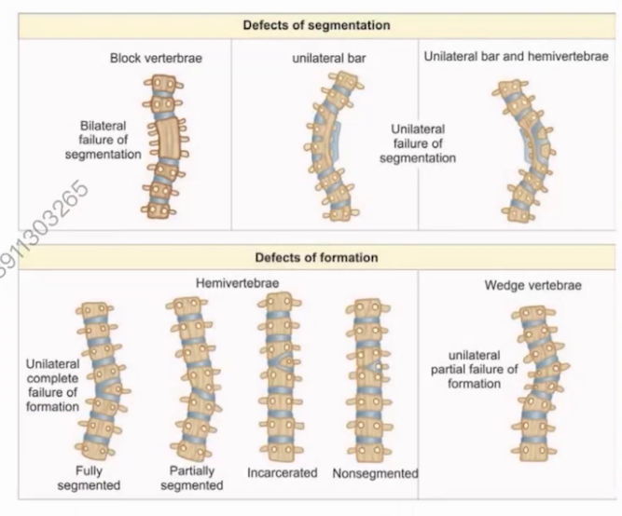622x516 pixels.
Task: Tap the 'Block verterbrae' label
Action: (x=156, y=59)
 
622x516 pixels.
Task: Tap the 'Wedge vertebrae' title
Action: (x=533, y=286)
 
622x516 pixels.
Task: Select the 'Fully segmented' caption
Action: (x=90, y=478)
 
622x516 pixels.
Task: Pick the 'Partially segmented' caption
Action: (x=192, y=478)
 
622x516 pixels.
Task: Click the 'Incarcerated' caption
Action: (x=283, y=473)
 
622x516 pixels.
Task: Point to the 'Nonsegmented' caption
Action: (x=375, y=473)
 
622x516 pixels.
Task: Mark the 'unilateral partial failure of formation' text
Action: (x=474, y=370)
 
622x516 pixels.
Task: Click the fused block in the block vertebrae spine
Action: (x=166, y=139)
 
